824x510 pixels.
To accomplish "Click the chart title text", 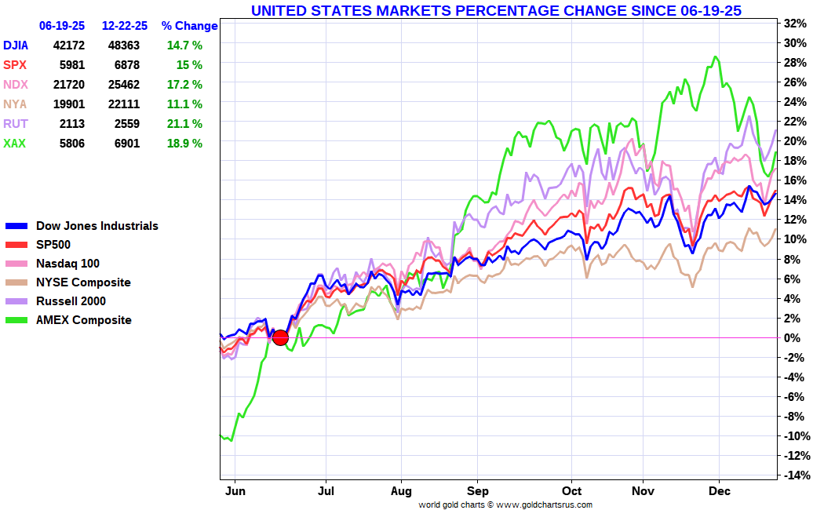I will [496, 10].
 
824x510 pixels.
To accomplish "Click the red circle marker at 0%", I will [280, 337].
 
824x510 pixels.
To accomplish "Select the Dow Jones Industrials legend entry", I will [97, 226].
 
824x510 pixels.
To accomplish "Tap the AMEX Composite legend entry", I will [83, 320].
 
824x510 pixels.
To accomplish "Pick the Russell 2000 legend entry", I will [71, 301].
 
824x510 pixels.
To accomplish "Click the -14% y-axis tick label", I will [794, 475].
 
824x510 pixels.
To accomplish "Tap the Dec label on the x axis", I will [720, 491].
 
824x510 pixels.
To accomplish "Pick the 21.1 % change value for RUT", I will [184, 124].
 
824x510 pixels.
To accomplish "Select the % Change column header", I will [189, 26].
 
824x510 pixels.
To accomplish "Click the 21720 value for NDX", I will [68, 85].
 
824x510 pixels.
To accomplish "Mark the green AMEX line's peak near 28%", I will [715, 56].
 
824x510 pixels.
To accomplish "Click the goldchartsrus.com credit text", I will [505, 505].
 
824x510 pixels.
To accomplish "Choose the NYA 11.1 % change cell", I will [184, 104].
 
